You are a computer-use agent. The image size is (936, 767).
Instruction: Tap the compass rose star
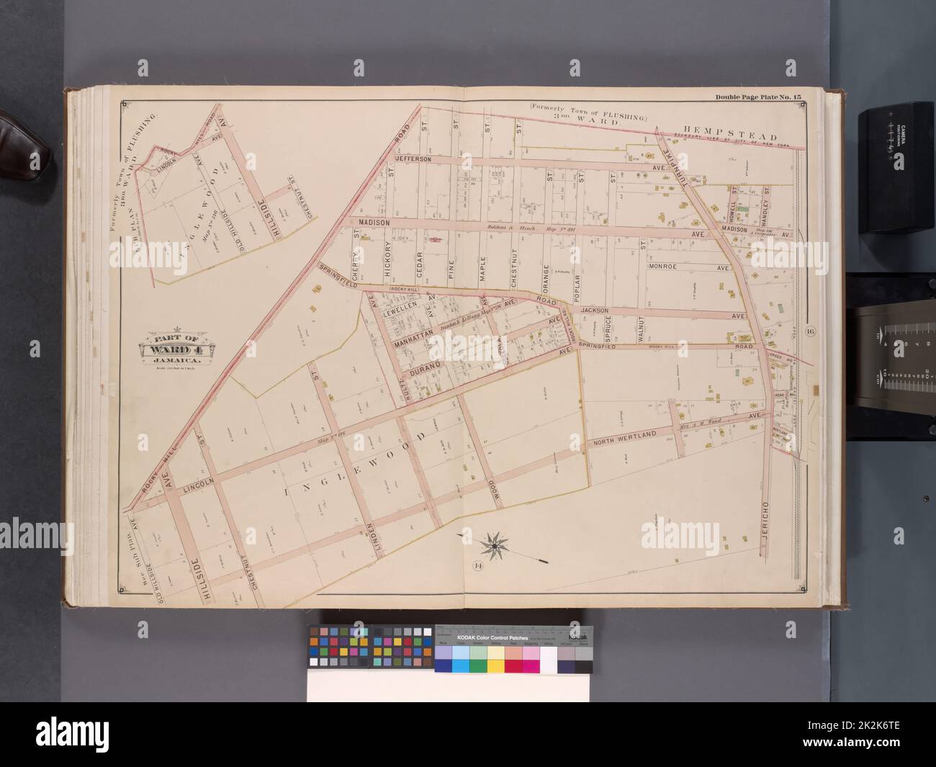click(495, 545)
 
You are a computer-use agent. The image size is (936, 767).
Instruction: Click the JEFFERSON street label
click(412, 158)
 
